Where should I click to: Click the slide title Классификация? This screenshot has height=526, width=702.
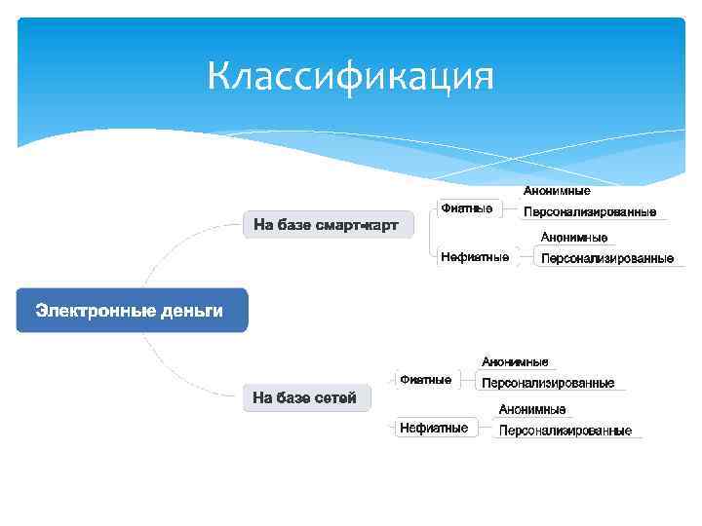[351, 77]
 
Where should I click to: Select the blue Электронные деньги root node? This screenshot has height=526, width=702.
[132, 311]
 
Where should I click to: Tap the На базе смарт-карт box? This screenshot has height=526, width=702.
[327, 225]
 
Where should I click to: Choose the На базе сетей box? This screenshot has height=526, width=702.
[305, 397]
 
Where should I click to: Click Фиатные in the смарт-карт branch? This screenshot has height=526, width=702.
[466, 207]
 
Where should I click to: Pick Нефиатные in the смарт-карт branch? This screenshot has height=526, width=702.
[474, 257]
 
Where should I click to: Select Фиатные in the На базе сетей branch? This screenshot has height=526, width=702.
[425, 379]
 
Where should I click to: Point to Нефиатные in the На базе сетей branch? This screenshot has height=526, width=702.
[433, 428]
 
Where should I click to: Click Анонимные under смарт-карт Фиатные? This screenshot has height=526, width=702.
[557, 191]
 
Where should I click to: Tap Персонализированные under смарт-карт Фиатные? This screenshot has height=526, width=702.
[590, 212]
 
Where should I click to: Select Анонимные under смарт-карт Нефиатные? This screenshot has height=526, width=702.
[574, 238]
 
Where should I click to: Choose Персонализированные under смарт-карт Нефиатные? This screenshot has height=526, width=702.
[606, 259]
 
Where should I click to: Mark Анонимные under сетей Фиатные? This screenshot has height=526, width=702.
[515, 362]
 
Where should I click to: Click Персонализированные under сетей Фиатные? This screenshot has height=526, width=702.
[548, 384]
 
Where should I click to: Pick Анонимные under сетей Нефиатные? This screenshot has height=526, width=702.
[532, 409]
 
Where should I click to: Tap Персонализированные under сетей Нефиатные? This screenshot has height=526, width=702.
[565, 431]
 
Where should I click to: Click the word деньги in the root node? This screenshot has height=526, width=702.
[190, 311]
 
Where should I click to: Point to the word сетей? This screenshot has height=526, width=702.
[334, 397]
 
